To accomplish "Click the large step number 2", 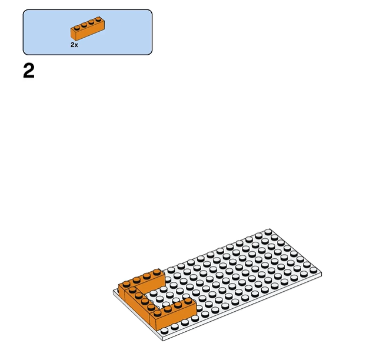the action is [x=29, y=71].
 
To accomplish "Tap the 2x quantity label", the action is [x=74, y=45].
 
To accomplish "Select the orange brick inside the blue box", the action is [x=88, y=28].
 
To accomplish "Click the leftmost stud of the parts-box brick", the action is [x=76, y=28].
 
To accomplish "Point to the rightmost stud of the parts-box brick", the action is [x=98, y=19].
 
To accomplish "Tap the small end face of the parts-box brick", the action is [x=74, y=34].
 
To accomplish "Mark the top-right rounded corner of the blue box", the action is [x=151, y=11].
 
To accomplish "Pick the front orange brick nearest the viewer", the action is [x=173, y=314].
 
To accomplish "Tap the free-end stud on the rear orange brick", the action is [x=156, y=272].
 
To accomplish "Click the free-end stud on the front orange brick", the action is [x=188, y=301].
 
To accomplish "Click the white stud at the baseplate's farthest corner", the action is [x=268, y=232].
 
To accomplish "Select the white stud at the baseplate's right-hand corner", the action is [x=314, y=270].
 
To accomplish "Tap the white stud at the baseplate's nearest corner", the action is [x=164, y=331].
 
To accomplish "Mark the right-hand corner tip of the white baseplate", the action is [x=321, y=273].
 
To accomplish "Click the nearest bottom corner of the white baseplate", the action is [x=163, y=341].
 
